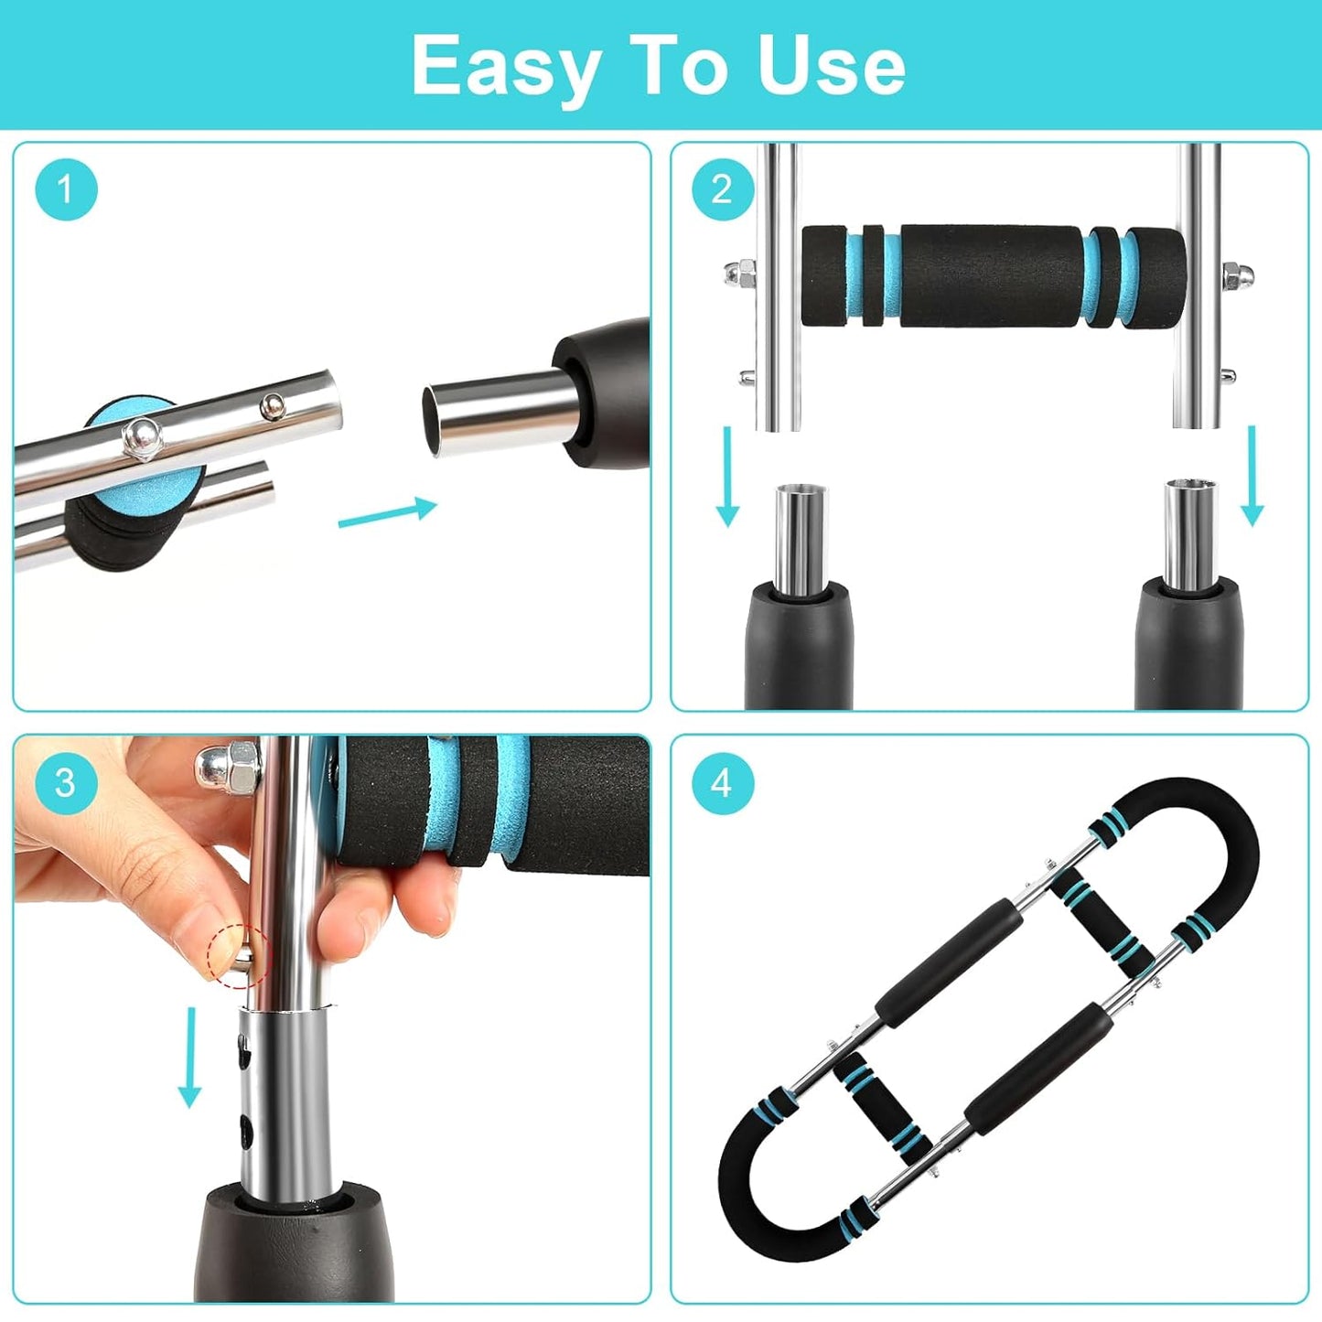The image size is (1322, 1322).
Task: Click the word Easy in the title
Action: click(506, 66)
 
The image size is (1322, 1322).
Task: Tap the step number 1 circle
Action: click(66, 189)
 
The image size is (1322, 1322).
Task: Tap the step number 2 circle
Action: click(722, 189)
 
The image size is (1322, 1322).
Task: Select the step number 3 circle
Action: click(66, 782)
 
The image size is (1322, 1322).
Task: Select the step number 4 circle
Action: click(722, 782)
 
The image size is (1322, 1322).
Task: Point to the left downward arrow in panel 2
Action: click(727, 477)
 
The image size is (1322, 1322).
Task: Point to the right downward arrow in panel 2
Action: click(1252, 477)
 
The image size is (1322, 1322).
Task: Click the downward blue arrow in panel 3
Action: click(189, 1057)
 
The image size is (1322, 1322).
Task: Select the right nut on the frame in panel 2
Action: click(1231, 273)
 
